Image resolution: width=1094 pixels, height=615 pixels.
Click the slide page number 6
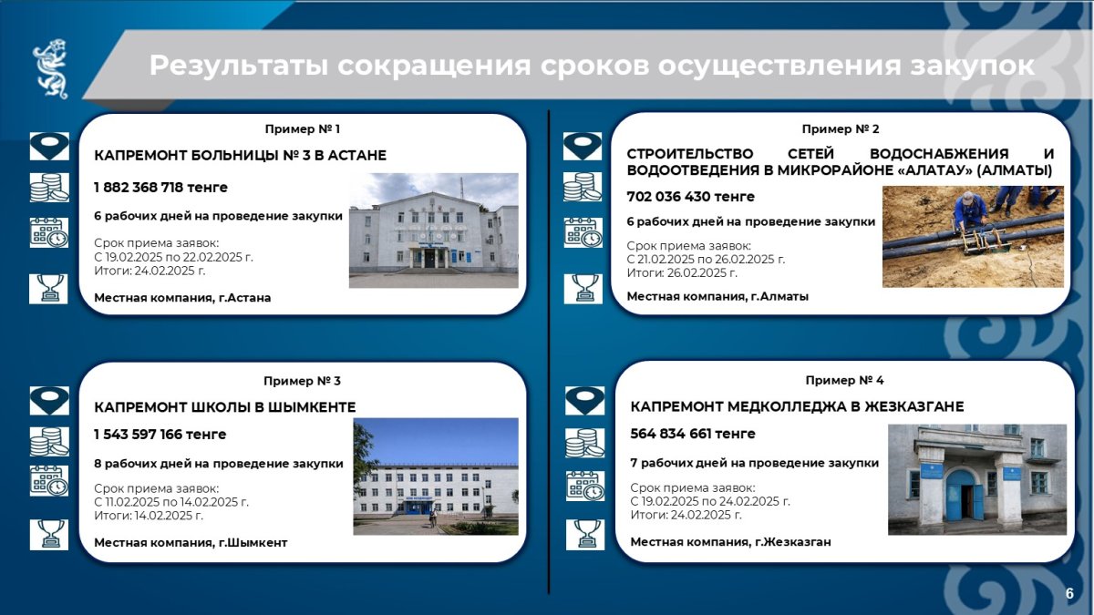[x=1069, y=593]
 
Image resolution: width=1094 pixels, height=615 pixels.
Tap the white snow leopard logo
[x=50, y=69]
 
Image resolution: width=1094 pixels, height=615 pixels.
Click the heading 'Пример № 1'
[x=303, y=128]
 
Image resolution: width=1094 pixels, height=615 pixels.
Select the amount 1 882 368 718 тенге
[x=160, y=188]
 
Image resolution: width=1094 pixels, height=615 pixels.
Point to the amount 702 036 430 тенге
[x=691, y=197]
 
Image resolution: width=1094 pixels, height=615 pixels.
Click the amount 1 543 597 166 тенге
[x=160, y=435]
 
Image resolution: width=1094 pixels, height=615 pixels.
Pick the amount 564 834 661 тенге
[x=693, y=434]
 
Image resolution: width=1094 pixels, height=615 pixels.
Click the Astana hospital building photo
[x=434, y=231]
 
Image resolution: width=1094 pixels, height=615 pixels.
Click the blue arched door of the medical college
[x=960, y=495]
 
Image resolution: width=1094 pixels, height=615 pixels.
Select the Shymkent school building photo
[x=436, y=477]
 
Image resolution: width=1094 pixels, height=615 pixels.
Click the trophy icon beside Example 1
[x=48, y=289]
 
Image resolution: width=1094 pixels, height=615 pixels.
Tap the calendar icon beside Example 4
[x=585, y=487]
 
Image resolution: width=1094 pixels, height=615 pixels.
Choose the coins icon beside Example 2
[x=583, y=187]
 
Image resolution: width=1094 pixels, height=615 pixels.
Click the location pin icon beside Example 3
[x=49, y=401]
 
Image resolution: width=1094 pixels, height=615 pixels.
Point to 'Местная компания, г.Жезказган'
[x=730, y=542]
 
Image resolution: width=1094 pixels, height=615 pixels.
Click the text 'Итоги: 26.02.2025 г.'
[x=682, y=272]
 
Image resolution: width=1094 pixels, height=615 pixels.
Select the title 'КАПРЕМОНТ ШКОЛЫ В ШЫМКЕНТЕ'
[x=224, y=407]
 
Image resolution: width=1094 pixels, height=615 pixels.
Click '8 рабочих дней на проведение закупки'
[x=218, y=464]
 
